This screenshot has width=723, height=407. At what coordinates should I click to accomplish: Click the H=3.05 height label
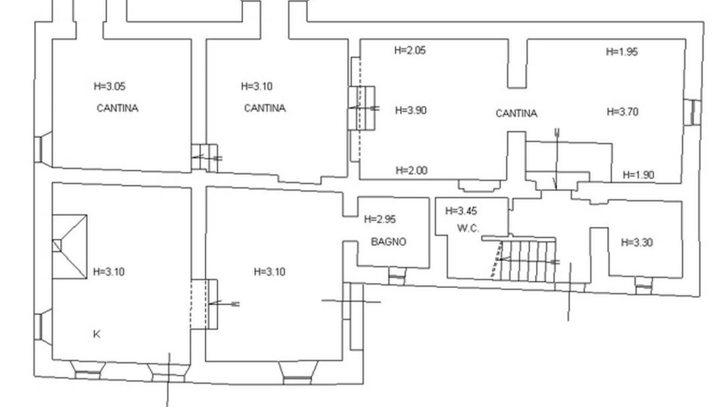tap(110, 86)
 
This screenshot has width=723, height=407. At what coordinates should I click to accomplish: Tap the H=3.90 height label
tap(411, 110)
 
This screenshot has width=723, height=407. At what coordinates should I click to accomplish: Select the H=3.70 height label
tap(622, 112)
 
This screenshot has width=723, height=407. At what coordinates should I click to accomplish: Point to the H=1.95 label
tap(622, 52)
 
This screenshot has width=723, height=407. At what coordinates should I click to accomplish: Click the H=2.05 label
tap(410, 50)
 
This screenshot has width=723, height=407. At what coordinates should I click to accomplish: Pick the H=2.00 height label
tap(412, 171)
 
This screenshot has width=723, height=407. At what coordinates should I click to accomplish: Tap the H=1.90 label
tap(638, 175)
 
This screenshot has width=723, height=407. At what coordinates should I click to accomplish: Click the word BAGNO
tap(389, 242)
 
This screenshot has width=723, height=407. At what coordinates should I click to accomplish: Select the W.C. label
tap(468, 228)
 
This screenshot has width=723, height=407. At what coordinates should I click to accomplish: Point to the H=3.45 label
tap(461, 211)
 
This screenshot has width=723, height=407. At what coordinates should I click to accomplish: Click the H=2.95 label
tap(380, 219)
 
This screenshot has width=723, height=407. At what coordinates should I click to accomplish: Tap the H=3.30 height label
tap(637, 242)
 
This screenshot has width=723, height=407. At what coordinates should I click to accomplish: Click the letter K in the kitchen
tap(97, 334)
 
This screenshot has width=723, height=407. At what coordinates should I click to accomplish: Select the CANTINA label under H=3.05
tap(117, 109)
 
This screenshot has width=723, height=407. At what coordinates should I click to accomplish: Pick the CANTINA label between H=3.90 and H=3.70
tap(516, 113)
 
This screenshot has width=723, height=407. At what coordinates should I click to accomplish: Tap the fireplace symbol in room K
tap(70, 247)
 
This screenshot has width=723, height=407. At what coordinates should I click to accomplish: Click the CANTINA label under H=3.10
tap(265, 109)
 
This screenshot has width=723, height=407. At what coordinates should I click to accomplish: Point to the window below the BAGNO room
tap(397, 277)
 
